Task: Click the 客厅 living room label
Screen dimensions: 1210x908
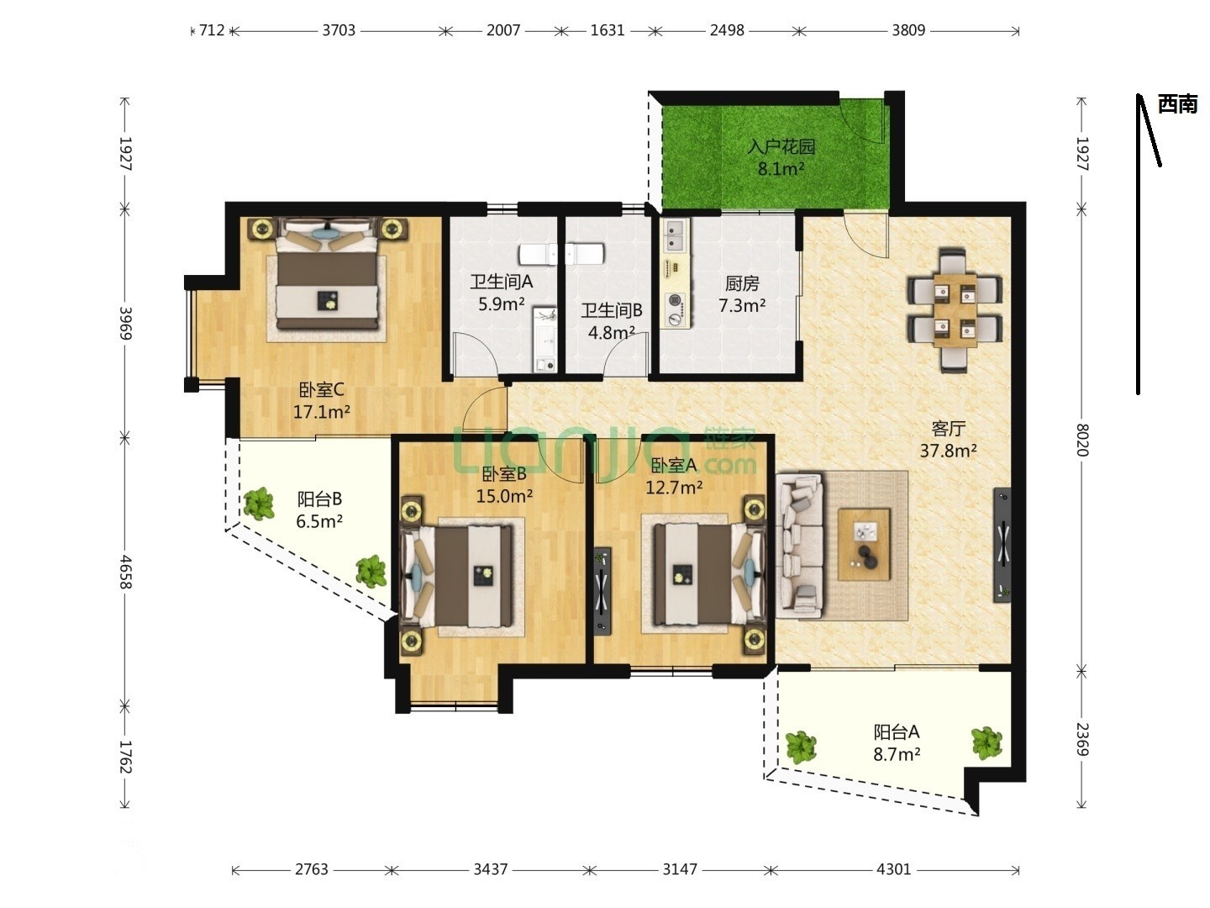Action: pos(948,429)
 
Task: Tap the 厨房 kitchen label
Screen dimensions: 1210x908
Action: pos(742,283)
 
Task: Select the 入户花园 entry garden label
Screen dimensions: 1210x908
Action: pos(781,146)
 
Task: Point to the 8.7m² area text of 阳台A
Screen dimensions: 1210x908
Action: pos(897,754)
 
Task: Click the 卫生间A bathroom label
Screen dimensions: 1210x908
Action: pos(501,282)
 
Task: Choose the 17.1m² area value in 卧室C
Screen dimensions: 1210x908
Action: pos(321,412)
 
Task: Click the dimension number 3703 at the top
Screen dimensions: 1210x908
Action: pos(339,30)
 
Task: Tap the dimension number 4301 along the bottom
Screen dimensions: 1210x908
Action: pos(893,869)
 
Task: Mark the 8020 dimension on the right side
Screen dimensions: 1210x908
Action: pos(1082,440)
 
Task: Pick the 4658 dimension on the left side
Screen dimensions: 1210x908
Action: pos(126,572)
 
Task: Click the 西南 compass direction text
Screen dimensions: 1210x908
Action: pos(1177,103)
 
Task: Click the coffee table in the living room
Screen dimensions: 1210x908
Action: pos(864,545)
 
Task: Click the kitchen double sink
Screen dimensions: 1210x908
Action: pos(676,235)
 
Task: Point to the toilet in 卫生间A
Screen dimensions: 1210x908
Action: pos(538,254)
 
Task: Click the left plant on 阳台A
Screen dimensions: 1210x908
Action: pos(801,747)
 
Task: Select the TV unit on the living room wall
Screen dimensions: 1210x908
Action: pos(1002,545)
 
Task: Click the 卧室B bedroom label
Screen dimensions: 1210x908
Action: pos(504,473)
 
